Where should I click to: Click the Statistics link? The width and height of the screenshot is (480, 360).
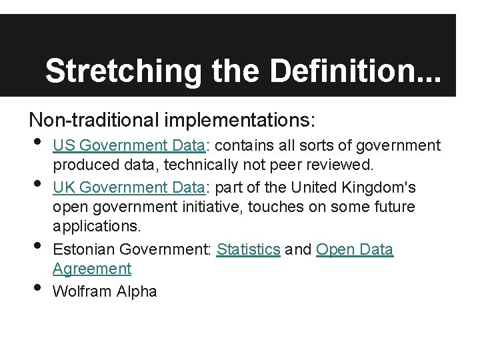[x=248, y=249]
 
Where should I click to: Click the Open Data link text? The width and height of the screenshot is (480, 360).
[x=355, y=249]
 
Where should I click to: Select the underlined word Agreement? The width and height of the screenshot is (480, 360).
[x=92, y=269]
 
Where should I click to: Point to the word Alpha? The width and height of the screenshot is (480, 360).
[x=138, y=291]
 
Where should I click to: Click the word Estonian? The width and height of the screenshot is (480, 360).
[x=83, y=249]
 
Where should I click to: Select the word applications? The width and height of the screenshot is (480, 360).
[x=97, y=227]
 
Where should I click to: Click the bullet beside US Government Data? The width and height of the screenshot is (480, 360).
[x=36, y=142]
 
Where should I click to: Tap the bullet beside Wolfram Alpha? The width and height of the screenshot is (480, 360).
[x=36, y=287]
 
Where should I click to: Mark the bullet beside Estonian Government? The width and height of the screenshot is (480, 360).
[x=36, y=246]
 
